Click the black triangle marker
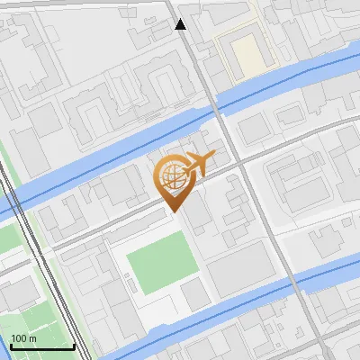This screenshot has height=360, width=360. [181, 24]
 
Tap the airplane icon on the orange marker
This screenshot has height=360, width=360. [199, 164]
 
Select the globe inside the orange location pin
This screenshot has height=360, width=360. [172, 177]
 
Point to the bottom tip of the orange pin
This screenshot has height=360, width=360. [172, 211]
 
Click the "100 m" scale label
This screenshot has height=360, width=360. [24, 338]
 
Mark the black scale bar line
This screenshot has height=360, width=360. [41, 347]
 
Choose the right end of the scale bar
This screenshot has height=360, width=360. [74, 347]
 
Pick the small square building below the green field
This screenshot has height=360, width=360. [194, 293]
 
